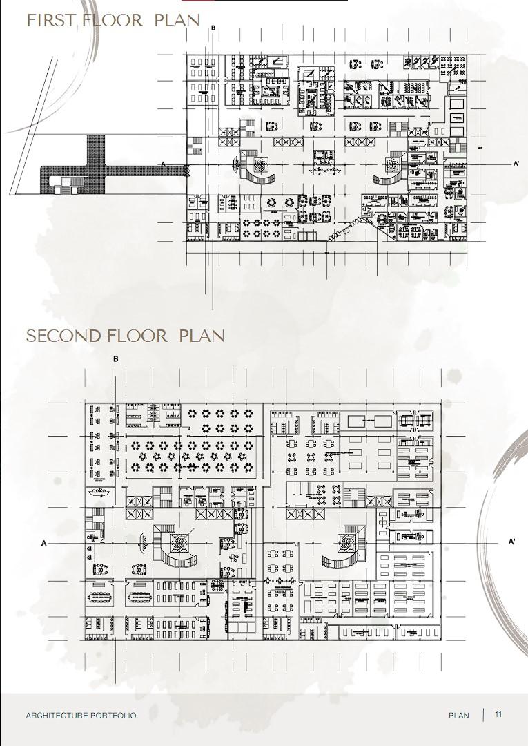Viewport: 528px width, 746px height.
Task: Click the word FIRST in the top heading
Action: pos(52,20)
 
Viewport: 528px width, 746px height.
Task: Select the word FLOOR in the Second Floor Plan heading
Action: pos(137,336)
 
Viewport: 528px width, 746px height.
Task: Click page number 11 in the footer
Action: pos(498,715)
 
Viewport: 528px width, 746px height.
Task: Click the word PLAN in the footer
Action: pos(458,716)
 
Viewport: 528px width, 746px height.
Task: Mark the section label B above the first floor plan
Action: pos(213,28)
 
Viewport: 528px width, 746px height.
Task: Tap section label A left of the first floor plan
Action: pos(164,164)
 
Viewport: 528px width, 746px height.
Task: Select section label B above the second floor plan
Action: pos(116,359)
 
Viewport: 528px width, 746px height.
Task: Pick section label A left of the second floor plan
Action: pos(44,544)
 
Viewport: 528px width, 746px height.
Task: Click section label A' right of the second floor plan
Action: pos(511,542)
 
